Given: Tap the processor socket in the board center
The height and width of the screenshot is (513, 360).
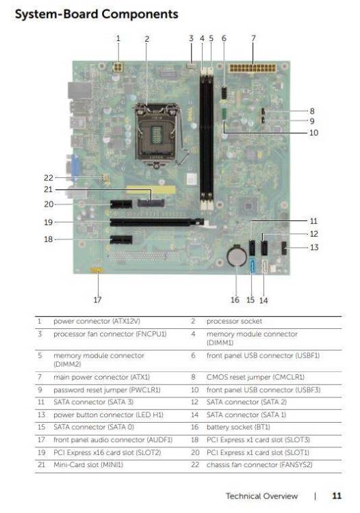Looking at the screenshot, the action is point(157,134).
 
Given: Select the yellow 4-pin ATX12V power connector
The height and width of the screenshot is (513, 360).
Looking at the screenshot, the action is point(118,68).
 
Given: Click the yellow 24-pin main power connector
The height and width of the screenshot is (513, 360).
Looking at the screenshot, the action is point(253,68).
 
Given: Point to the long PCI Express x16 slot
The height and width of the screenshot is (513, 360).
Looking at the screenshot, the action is point(157,222).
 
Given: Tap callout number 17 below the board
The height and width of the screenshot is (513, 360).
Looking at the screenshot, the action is point(97,300).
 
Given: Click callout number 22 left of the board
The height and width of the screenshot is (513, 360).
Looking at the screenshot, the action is point(49,178).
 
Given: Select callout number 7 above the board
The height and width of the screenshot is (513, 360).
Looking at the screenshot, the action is point(253,38).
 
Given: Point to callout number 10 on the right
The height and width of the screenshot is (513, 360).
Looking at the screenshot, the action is point(313,133).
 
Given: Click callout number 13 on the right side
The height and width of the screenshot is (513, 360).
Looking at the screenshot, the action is point(314,248).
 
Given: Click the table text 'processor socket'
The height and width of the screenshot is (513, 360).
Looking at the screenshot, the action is point(234,321).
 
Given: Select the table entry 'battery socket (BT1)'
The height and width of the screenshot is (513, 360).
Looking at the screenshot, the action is point(238,427).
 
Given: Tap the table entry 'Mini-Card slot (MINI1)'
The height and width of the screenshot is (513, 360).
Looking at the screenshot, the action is point(88,464).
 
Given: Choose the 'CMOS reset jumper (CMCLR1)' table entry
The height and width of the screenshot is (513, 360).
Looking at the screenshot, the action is point(255,377).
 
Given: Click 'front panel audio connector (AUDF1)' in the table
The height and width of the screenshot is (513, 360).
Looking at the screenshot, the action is point(113,440).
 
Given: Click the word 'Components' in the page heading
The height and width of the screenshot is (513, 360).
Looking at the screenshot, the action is point(140,14).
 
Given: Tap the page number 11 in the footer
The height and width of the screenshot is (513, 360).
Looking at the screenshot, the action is point(337,496).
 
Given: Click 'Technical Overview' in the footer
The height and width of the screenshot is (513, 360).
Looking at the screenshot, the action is point(262,496).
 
